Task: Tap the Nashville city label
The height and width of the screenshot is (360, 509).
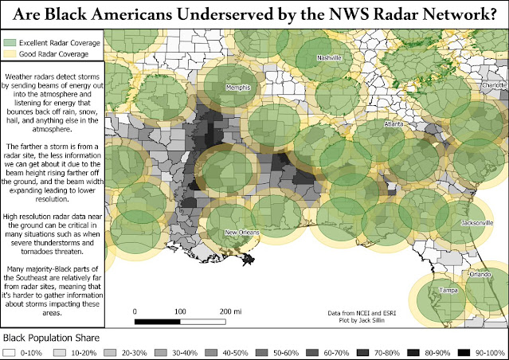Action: (329, 58)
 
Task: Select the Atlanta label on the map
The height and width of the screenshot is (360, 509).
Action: (393, 125)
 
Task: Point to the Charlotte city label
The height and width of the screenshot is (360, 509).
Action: (494, 84)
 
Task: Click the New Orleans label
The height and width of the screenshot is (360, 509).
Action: (241, 232)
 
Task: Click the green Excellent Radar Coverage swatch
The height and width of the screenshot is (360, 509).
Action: (10, 41)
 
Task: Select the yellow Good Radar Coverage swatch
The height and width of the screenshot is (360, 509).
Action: (10, 53)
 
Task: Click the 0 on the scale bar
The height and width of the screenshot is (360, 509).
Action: (135, 311)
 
